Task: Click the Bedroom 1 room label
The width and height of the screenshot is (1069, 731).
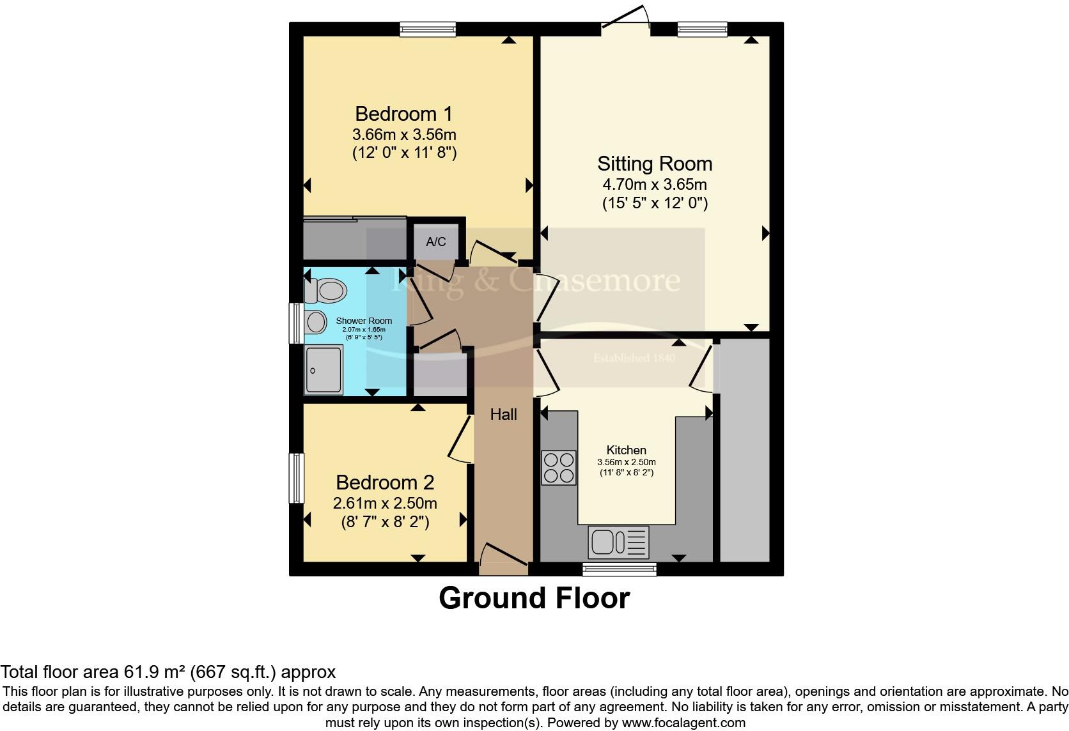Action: click(403, 114)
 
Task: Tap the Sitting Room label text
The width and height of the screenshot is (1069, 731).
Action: click(655, 164)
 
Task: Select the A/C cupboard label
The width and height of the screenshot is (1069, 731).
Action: click(436, 242)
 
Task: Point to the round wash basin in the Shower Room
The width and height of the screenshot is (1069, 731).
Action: click(316, 322)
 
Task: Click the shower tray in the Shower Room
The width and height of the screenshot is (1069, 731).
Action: click(324, 369)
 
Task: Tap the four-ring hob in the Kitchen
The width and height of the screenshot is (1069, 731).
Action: click(558, 468)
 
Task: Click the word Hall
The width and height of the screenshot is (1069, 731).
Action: click(503, 415)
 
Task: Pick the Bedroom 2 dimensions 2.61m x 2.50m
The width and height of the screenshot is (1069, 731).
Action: click(385, 504)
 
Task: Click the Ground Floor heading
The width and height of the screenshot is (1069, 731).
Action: click(534, 598)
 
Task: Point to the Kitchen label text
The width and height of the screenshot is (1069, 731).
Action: click(627, 450)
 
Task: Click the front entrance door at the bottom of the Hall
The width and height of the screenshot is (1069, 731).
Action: click(503, 555)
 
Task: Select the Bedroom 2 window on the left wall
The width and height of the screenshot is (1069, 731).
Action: click(296, 478)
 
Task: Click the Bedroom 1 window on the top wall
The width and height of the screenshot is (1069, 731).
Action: click(428, 29)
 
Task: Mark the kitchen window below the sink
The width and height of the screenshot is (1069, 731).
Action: click(620, 569)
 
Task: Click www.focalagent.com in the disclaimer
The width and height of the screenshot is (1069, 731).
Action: click(683, 723)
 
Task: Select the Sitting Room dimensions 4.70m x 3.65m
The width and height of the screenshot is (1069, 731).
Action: click(655, 185)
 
